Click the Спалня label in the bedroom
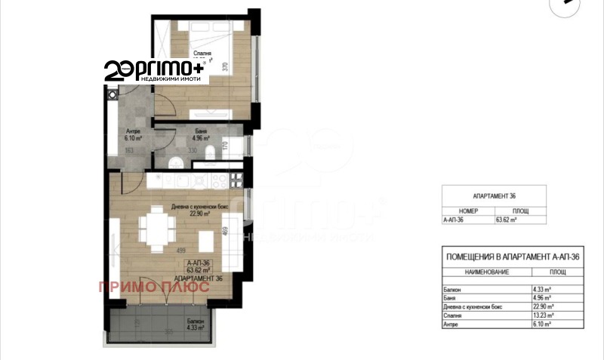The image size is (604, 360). pos(202,54)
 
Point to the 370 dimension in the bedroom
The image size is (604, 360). pos(225,66)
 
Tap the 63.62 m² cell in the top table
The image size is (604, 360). pos(505,220)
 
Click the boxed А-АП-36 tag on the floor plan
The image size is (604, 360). pos(196,263)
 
